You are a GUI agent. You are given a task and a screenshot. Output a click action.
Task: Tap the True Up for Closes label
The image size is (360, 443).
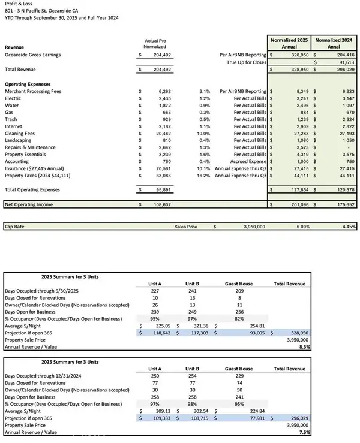coord(246,61)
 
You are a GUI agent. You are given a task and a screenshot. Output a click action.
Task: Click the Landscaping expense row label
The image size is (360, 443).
coord(20,141)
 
